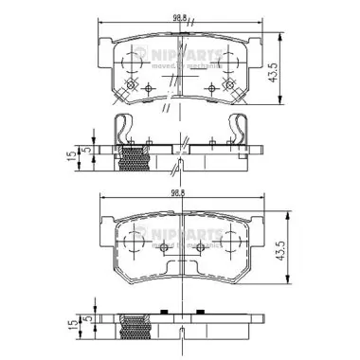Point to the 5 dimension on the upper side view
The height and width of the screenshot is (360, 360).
86,149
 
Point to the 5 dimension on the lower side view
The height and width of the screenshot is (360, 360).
86,325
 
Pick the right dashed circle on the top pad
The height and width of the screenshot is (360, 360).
227,62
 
